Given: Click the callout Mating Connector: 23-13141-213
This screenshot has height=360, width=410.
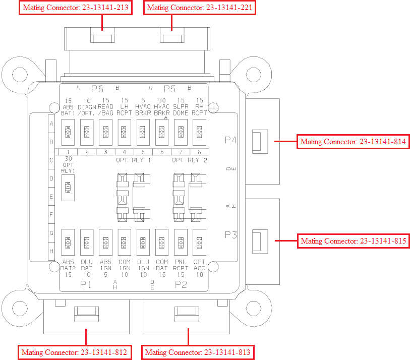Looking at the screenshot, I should click(73, 8).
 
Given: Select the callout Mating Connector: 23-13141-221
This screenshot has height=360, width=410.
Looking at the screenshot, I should click(199, 8).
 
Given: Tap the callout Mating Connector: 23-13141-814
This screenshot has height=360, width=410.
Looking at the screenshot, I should click(353, 142).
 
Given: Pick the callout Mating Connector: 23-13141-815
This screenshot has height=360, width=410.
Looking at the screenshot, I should click(353, 241).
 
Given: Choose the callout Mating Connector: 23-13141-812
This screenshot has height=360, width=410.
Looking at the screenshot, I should click(75, 351).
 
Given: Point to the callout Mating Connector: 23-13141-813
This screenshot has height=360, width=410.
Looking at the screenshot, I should click(198, 351).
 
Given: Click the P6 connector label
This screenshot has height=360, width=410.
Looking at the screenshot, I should click(97, 89).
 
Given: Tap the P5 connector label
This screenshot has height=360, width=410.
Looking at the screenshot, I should click(169, 89).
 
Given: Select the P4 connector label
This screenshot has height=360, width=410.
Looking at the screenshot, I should click(231, 140).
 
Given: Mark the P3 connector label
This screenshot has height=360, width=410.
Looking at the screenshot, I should click(231, 234).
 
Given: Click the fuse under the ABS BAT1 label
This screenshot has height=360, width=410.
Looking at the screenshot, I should click(68, 132).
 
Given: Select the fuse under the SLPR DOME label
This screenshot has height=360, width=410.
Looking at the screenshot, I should click(181, 132).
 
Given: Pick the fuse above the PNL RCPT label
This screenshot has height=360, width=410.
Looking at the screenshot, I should click(181, 243).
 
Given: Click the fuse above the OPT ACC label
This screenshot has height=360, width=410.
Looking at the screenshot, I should click(200, 243).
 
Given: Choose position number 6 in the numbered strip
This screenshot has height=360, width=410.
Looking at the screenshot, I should click(162, 152).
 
